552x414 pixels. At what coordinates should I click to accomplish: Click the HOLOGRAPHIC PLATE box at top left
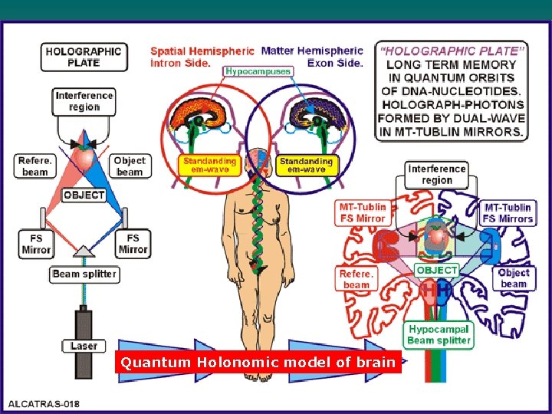point(83,58)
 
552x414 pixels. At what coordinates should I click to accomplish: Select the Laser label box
point(84,346)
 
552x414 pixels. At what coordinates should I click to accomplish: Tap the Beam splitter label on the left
point(84,274)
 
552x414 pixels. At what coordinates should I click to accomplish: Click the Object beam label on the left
point(130,166)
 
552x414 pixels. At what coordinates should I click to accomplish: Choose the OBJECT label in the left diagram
point(84,195)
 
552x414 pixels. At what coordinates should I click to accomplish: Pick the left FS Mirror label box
point(36,244)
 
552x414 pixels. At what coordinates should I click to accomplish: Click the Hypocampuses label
point(258,71)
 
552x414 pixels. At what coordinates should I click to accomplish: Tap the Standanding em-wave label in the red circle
point(209,166)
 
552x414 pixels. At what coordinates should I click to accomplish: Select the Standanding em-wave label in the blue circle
point(306,166)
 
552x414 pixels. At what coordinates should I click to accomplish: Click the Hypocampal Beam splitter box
point(438,334)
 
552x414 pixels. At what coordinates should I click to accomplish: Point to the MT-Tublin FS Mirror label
point(363,212)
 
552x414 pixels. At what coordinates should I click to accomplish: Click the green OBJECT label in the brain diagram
point(437,270)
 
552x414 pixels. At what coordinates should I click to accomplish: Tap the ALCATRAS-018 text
point(44,404)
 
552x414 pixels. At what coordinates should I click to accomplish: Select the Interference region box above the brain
point(437,175)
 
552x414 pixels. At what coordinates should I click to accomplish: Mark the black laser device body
point(84,318)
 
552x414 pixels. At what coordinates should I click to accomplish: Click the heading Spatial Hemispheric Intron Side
point(202,57)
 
